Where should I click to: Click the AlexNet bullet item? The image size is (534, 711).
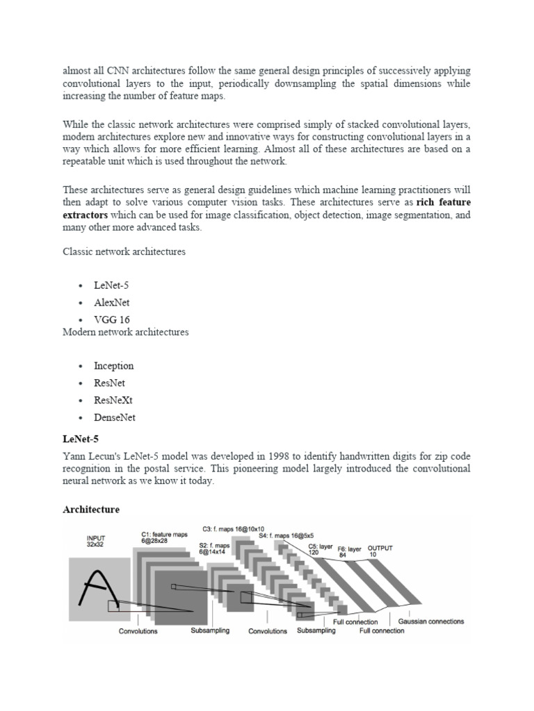[112, 303]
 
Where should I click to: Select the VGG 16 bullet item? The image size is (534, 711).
[112, 320]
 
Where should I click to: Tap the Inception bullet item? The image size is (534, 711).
[114, 366]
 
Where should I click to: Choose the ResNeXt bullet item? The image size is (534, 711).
[114, 401]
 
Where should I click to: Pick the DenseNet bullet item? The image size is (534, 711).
[115, 418]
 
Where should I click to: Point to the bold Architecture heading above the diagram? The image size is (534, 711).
[91, 510]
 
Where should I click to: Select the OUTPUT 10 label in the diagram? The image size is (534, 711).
[380, 551]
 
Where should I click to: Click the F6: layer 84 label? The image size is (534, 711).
[350, 552]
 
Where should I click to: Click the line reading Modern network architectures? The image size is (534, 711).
[126, 332]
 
